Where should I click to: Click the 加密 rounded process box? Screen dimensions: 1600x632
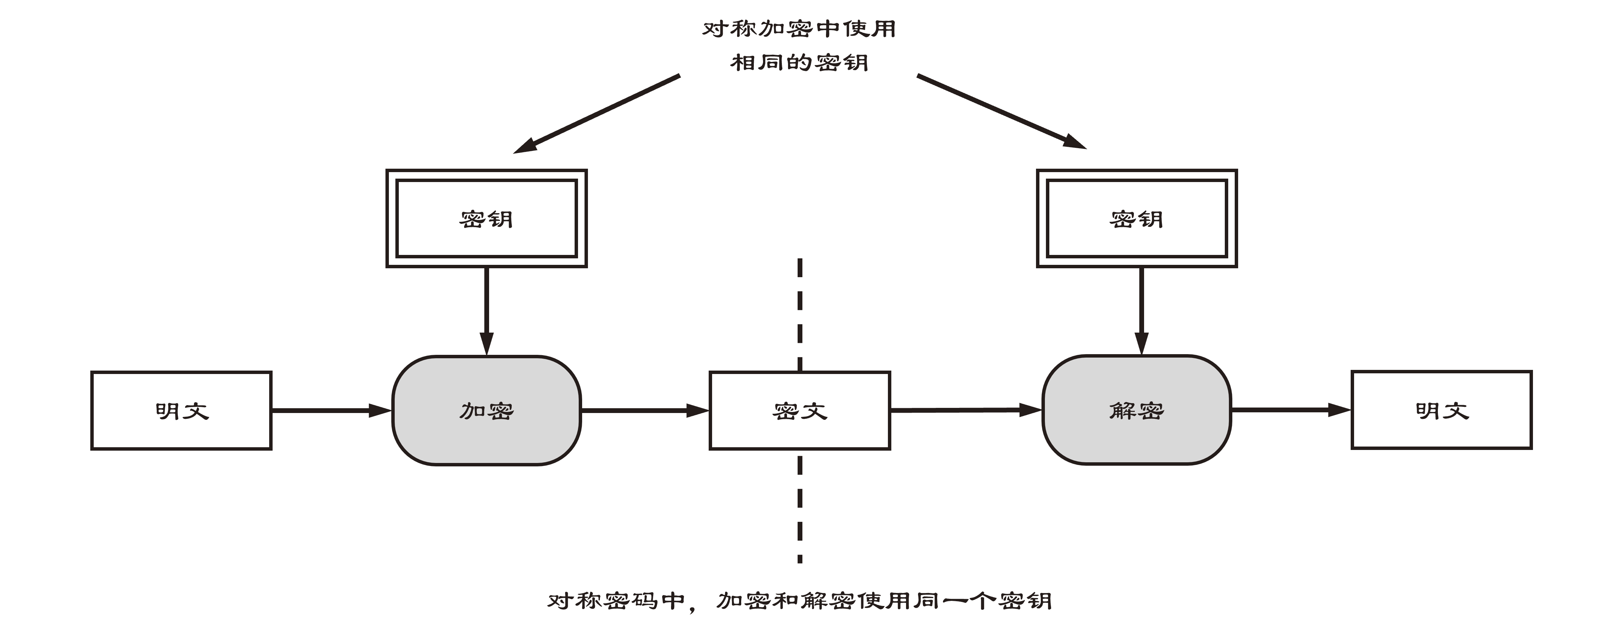click(486, 410)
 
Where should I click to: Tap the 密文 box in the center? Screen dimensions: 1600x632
click(800, 410)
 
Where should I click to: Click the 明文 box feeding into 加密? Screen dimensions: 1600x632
click(181, 410)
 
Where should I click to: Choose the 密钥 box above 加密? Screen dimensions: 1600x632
click(486, 218)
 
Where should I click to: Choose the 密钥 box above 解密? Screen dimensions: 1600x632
click(1137, 218)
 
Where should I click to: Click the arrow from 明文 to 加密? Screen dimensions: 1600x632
click(332, 410)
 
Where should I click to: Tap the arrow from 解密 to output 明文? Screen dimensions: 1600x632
click(1291, 410)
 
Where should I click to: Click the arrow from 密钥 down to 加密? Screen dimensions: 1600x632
click(486, 311)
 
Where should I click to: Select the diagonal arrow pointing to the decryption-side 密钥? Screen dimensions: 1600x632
click(1002, 112)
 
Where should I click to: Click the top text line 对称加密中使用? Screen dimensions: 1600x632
click(799, 29)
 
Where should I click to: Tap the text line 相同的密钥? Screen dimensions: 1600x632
click(799, 62)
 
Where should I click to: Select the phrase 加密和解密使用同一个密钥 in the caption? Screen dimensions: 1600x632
click(884, 600)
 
